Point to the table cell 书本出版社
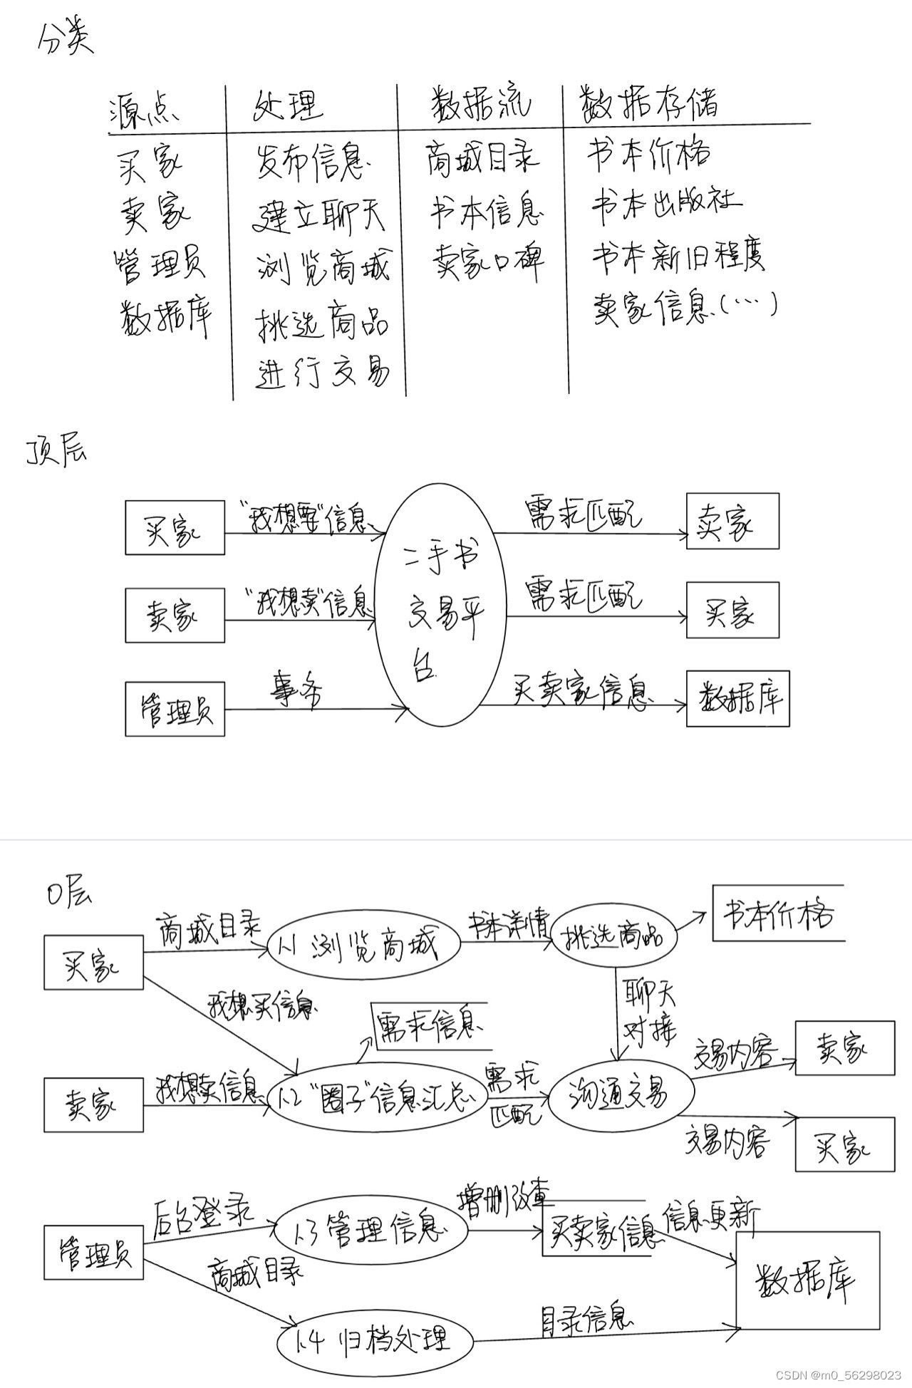(665, 202)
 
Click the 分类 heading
(65, 41)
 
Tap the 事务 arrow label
(295, 688)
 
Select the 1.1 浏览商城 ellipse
(363, 945)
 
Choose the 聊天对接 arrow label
(649, 1012)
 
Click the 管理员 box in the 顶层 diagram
(175, 709)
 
